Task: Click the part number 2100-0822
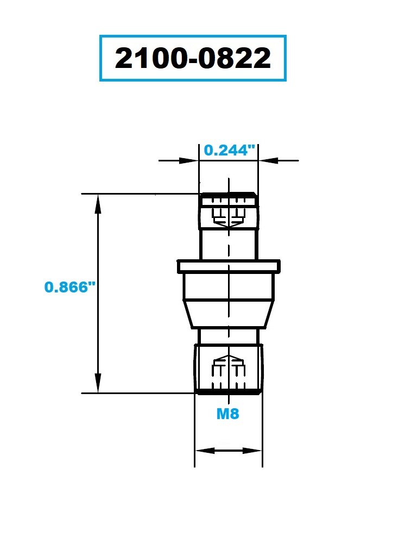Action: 193,58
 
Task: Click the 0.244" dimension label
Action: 230,150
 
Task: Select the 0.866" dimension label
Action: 70,287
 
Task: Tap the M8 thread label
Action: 227,414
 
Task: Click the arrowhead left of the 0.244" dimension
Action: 189,161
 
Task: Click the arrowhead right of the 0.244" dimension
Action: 268,161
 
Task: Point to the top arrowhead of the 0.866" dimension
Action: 98,204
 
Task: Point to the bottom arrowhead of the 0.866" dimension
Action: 98,383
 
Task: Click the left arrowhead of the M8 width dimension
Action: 205,451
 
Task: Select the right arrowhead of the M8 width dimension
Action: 252,451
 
